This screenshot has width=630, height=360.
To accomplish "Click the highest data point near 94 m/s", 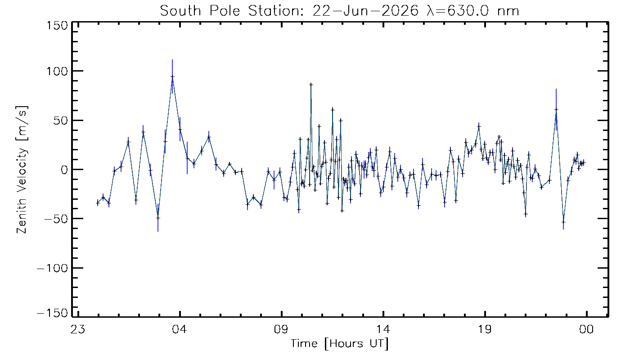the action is [172, 76].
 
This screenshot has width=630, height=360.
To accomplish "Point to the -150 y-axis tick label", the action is [52, 313].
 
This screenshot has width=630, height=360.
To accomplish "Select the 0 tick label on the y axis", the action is [64, 170].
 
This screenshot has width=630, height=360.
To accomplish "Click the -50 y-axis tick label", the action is [56, 219].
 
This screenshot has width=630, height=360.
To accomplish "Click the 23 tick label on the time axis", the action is [78, 329].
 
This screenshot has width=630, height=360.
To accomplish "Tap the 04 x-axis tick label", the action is [180, 329].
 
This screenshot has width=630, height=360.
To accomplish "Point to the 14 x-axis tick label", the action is [383, 329].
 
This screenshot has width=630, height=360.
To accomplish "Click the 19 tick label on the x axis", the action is [485, 329].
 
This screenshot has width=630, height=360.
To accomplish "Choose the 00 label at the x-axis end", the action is [587, 329].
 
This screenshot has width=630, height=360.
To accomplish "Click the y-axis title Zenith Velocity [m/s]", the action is [22, 170].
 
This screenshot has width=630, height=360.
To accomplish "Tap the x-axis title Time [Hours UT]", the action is [339, 344].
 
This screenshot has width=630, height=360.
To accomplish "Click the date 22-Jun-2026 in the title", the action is [365, 11].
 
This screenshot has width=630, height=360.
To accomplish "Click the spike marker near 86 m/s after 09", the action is [311, 85].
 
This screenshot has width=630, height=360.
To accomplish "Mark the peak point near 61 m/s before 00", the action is [556, 109].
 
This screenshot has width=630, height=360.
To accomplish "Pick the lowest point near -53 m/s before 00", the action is [563, 222].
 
